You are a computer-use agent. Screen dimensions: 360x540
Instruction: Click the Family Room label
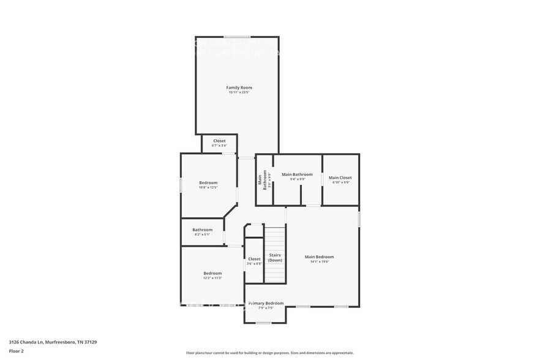[x=239, y=88]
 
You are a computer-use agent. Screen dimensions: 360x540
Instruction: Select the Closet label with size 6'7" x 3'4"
[x=219, y=141]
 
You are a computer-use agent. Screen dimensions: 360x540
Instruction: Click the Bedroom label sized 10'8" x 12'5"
[x=208, y=182]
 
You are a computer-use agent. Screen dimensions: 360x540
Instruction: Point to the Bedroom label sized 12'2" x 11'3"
[x=212, y=273]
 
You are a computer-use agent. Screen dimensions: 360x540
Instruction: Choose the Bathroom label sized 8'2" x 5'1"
[x=203, y=230]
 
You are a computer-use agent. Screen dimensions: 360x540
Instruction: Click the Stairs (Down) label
[x=275, y=258]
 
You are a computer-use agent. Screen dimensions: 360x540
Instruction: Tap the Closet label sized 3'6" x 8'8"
[x=254, y=259]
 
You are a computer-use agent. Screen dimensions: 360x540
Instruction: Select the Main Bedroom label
[x=319, y=257]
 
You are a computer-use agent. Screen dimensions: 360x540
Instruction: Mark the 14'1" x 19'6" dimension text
[x=319, y=261]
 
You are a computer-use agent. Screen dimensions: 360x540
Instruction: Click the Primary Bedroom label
[x=266, y=303]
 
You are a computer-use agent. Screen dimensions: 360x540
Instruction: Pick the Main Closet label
[x=340, y=178]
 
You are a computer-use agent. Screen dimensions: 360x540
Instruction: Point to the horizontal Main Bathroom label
[x=297, y=174]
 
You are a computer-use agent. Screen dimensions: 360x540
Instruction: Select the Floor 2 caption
[x=16, y=351]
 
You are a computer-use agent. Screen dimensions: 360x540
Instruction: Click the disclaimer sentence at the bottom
[x=269, y=353]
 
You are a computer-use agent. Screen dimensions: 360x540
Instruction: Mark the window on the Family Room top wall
[x=236, y=36]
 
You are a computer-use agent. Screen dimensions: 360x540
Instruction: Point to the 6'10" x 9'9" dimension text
[x=340, y=182]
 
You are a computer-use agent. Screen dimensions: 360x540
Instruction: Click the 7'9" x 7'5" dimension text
[x=266, y=308]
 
